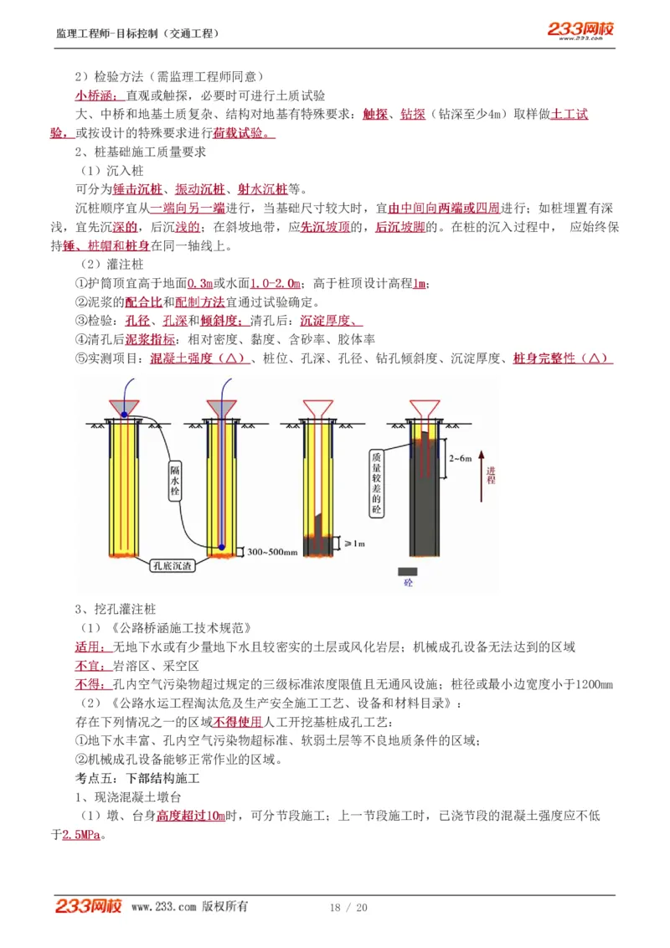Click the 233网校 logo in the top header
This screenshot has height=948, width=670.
coord(580,30)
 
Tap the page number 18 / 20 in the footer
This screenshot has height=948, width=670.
coord(348,908)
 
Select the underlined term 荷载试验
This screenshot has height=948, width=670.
coord(244,133)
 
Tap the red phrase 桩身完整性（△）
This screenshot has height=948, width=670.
coord(562,358)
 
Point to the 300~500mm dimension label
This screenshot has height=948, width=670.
coord(273,552)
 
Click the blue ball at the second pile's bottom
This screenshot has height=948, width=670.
coord(222,548)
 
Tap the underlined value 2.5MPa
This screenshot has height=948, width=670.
coord(83,835)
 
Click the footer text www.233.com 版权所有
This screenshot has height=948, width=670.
coord(189,907)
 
